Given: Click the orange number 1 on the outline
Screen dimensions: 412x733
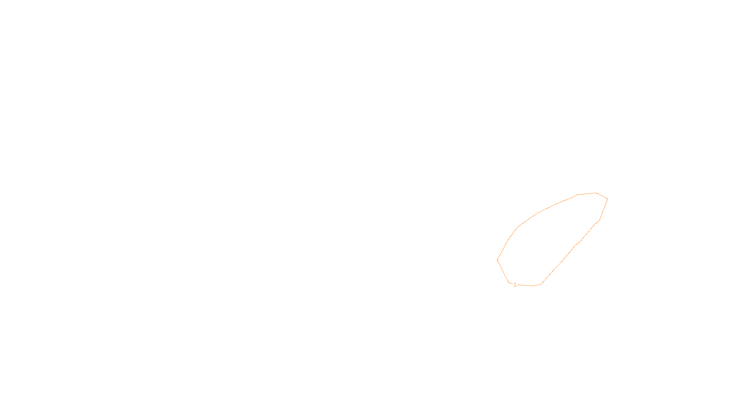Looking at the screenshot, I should tap(515, 285).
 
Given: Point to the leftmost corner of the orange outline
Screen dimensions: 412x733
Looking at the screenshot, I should tap(497, 260).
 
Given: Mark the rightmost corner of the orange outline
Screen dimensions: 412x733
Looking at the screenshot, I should tap(607, 199).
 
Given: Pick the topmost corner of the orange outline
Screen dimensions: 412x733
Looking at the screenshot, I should tap(596, 193).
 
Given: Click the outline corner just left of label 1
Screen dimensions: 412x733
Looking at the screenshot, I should tap(509, 282).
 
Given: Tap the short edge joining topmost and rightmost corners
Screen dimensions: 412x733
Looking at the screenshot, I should tap(602, 196).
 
